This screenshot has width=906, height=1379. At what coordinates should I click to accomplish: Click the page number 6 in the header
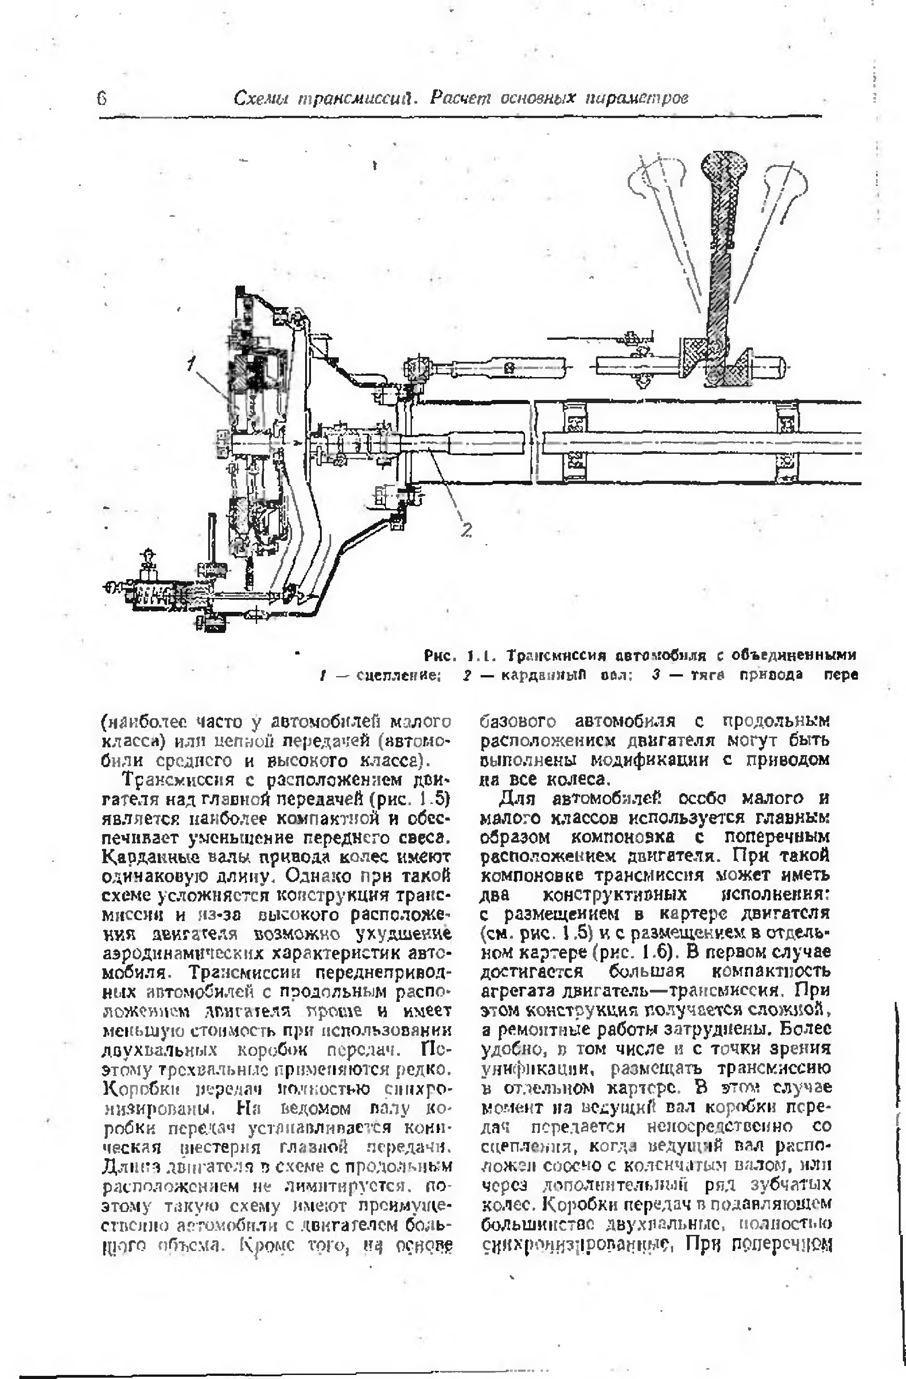pos(102,98)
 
